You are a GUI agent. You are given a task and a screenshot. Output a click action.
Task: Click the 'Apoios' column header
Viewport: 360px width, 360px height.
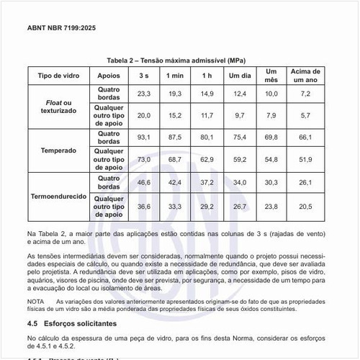[x=108, y=76]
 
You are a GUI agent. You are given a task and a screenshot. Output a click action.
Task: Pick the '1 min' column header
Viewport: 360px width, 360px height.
[x=175, y=76]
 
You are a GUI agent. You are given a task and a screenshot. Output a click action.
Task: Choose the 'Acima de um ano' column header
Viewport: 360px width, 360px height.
[x=305, y=76]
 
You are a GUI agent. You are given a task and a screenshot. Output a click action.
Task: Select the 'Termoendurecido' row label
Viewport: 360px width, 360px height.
[x=58, y=196]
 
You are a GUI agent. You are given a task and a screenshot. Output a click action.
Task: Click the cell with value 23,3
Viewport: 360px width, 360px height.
[x=144, y=94]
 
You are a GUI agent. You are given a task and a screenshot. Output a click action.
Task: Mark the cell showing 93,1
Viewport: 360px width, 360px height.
[x=144, y=137]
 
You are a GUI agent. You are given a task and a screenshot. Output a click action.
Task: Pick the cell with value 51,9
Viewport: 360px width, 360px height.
[x=305, y=159]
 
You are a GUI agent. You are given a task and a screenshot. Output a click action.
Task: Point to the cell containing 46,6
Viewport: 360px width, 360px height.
[x=144, y=183]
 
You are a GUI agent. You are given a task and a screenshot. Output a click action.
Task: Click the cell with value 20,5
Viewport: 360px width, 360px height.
[x=305, y=207]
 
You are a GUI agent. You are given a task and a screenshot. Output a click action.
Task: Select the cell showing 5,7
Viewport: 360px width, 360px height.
[x=305, y=115]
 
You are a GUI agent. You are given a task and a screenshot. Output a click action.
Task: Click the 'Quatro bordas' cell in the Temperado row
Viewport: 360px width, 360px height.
[x=108, y=137]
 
